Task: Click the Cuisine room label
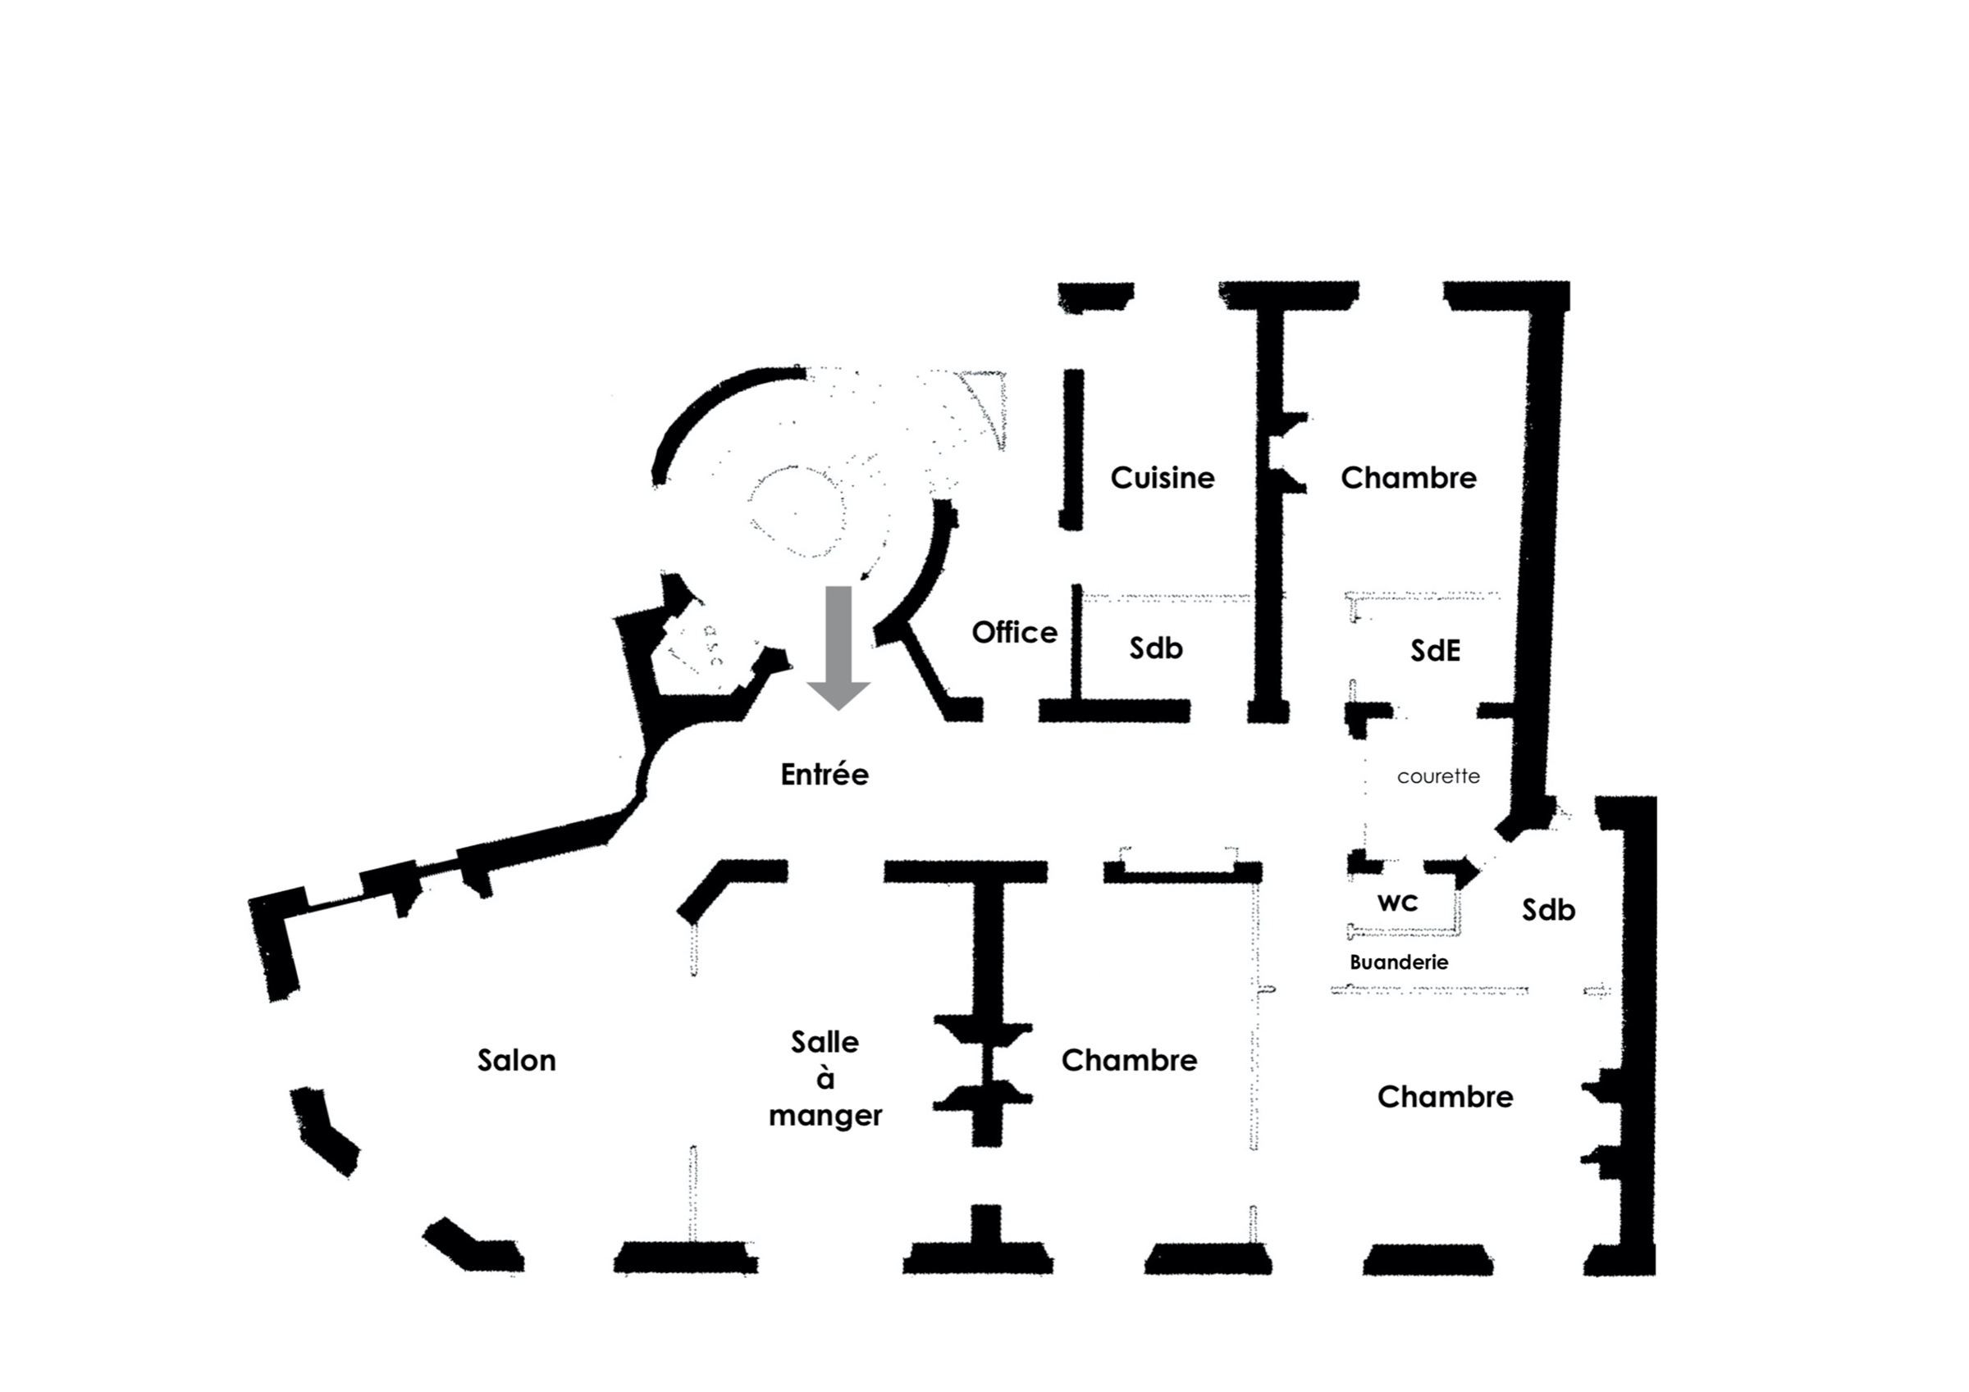tap(1162, 478)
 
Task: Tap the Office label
tap(1014, 633)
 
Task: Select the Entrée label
tap(825, 775)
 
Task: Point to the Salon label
tap(516, 1061)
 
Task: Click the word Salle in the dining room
tap(825, 1042)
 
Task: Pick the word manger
tap(825, 1116)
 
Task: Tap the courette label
tap(1438, 776)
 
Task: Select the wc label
tap(1397, 903)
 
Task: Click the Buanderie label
tap(1399, 962)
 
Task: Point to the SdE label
tap(1435, 652)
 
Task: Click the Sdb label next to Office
tap(1155, 648)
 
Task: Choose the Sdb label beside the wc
tap(1548, 910)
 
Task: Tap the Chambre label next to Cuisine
tap(1408, 478)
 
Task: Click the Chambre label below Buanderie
tap(1445, 1097)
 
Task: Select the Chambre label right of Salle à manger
tap(1129, 1061)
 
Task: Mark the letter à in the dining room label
tap(825, 1078)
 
